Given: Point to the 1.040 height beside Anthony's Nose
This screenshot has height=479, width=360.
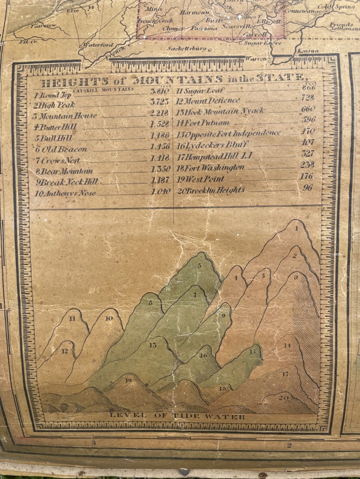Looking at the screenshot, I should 160,191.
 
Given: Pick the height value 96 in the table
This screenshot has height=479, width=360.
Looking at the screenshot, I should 307,188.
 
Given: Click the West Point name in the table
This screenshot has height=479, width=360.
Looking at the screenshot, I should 203,179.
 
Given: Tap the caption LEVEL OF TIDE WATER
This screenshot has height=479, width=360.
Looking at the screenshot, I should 177,416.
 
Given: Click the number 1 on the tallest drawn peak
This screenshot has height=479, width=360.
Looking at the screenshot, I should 296,229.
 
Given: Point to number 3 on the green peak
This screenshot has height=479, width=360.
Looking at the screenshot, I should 199,265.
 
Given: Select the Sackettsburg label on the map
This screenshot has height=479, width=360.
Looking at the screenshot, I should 187,49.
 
